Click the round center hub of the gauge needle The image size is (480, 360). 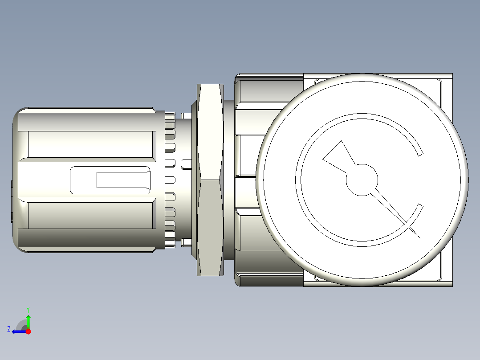click(362, 180)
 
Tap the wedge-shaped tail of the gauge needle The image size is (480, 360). click(337, 155)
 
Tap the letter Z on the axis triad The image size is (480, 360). click(9, 329)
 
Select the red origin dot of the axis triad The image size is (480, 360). click(28, 331)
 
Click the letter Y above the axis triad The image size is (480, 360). click(28, 309)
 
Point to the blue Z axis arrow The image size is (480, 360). click(18, 331)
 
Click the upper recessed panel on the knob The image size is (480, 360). click(91, 144)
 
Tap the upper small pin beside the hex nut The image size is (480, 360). click(187, 116)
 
